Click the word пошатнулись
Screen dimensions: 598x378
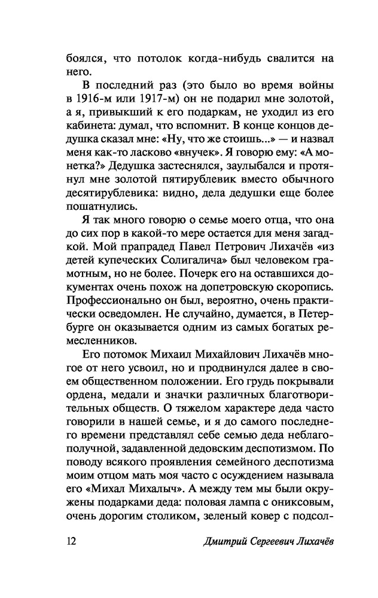[99, 199]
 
